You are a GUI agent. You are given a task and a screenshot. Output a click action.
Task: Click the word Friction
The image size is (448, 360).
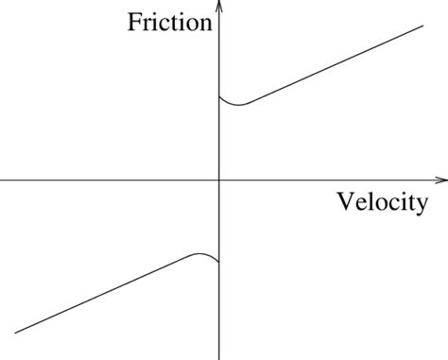click(x=169, y=22)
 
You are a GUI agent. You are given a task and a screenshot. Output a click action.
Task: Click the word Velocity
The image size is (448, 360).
click(x=381, y=202)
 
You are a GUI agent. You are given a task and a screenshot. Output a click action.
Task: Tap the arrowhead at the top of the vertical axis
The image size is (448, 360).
click(x=219, y=5)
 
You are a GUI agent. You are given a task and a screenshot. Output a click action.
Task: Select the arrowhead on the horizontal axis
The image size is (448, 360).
click(x=441, y=179)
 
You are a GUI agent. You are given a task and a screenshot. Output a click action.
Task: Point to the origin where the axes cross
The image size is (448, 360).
click(x=219, y=179)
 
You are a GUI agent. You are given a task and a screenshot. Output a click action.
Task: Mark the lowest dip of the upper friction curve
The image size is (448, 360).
click(x=239, y=105)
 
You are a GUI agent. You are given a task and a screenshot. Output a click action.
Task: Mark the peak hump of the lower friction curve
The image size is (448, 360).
click(x=199, y=253)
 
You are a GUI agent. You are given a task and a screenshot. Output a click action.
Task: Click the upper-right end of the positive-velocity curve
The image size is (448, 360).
click(x=422, y=26)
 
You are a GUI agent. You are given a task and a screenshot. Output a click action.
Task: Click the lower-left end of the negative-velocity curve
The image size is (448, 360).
click(x=16, y=332)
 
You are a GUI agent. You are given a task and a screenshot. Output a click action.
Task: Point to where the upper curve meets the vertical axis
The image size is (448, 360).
click(x=219, y=95)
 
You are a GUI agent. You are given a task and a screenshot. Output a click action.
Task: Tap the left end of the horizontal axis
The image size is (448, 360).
click(x=2, y=179)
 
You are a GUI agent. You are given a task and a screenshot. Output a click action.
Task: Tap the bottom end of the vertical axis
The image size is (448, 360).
click(x=219, y=357)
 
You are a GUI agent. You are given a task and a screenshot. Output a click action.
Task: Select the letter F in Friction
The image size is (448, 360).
click(x=134, y=22)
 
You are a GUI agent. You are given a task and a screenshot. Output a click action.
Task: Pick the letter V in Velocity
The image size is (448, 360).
click(x=344, y=202)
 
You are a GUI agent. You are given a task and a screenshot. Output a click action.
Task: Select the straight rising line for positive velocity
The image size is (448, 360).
click(x=331, y=65)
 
